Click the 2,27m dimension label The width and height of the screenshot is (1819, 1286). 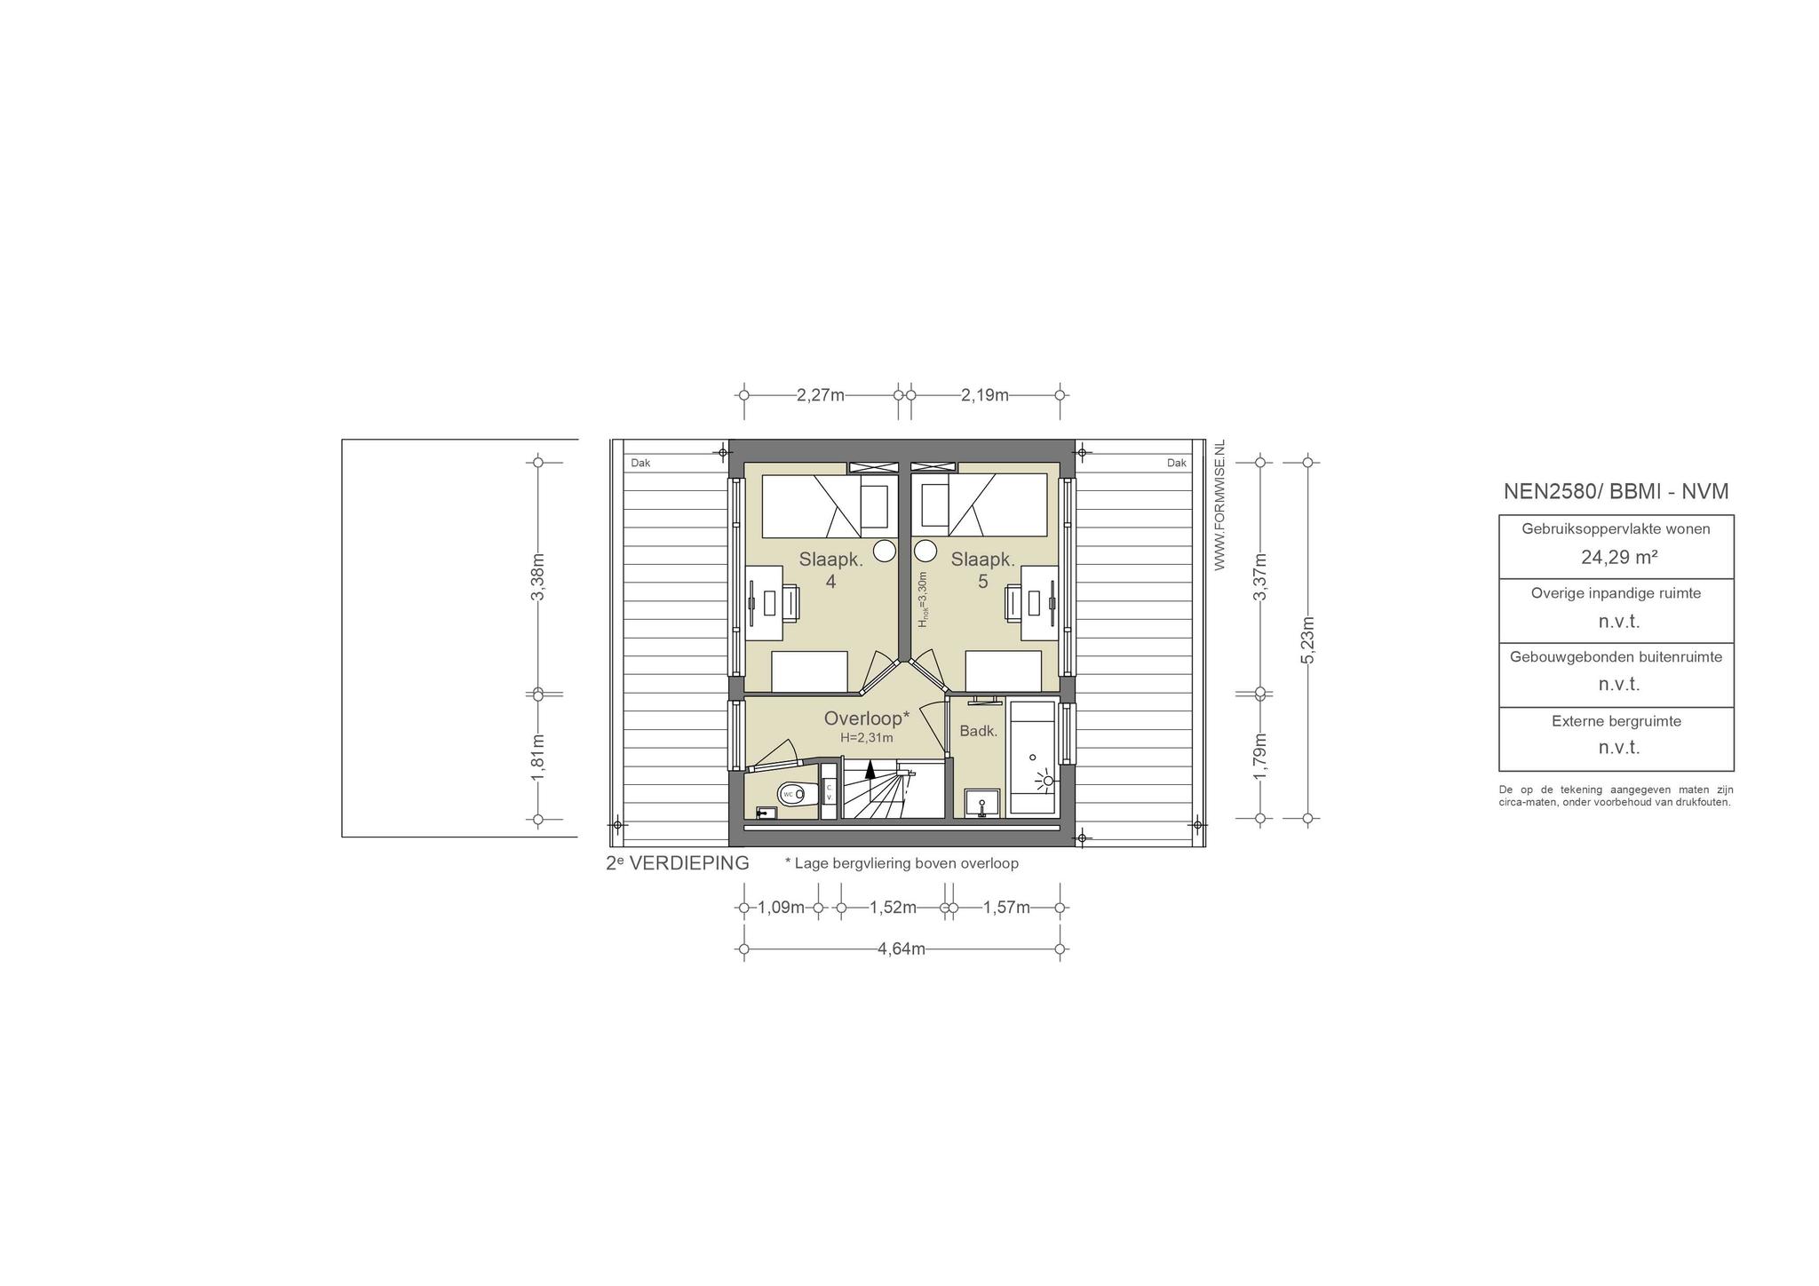[820, 395]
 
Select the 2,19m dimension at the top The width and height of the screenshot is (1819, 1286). [984, 395]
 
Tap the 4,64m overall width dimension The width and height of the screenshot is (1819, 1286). [902, 949]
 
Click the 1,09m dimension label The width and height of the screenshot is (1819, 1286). [781, 908]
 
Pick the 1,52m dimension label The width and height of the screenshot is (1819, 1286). [893, 908]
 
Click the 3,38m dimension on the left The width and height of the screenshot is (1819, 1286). [537, 577]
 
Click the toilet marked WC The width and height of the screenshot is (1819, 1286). [797, 794]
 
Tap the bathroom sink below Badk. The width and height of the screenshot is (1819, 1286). [981, 802]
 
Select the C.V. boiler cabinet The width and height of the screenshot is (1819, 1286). [829, 791]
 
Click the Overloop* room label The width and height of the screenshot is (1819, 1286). [867, 718]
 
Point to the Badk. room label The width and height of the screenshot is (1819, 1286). [979, 732]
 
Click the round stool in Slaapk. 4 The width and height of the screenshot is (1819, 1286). [885, 551]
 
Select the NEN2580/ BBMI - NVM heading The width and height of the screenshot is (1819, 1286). [1616, 491]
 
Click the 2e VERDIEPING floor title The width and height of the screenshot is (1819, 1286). [678, 863]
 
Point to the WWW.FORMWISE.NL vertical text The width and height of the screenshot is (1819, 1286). [1219, 505]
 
